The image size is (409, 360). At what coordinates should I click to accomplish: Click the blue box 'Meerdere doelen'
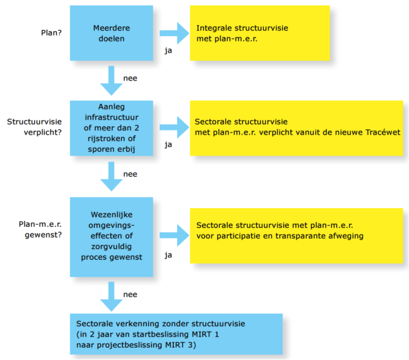click(x=111, y=33)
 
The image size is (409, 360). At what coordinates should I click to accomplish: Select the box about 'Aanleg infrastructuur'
click(x=111, y=128)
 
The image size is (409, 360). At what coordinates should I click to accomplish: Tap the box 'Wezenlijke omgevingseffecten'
click(x=111, y=237)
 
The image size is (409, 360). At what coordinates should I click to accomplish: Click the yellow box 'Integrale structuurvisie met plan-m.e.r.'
click(x=260, y=33)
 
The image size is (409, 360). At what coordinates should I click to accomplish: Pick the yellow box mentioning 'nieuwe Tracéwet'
click(x=296, y=128)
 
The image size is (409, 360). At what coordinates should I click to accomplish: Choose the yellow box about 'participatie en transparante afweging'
click(x=296, y=236)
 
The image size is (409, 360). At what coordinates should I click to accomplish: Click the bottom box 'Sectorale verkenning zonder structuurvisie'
click(x=176, y=334)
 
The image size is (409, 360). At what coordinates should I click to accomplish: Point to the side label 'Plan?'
click(x=51, y=33)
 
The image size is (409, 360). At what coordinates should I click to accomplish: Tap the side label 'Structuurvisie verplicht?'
click(x=34, y=127)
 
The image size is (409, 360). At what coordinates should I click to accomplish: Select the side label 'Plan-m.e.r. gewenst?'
click(x=40, y=229)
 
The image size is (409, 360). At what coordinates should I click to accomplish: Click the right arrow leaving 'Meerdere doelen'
click(x=174, y=33)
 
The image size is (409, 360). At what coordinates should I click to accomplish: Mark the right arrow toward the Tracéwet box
click(x=174, y=127)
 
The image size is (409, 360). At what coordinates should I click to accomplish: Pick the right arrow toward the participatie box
click(x=174, y=235)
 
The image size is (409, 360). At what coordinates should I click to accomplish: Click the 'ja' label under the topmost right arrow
click(x=168, y=51)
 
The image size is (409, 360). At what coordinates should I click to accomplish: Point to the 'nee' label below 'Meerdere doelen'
click(x=130, y=78)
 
